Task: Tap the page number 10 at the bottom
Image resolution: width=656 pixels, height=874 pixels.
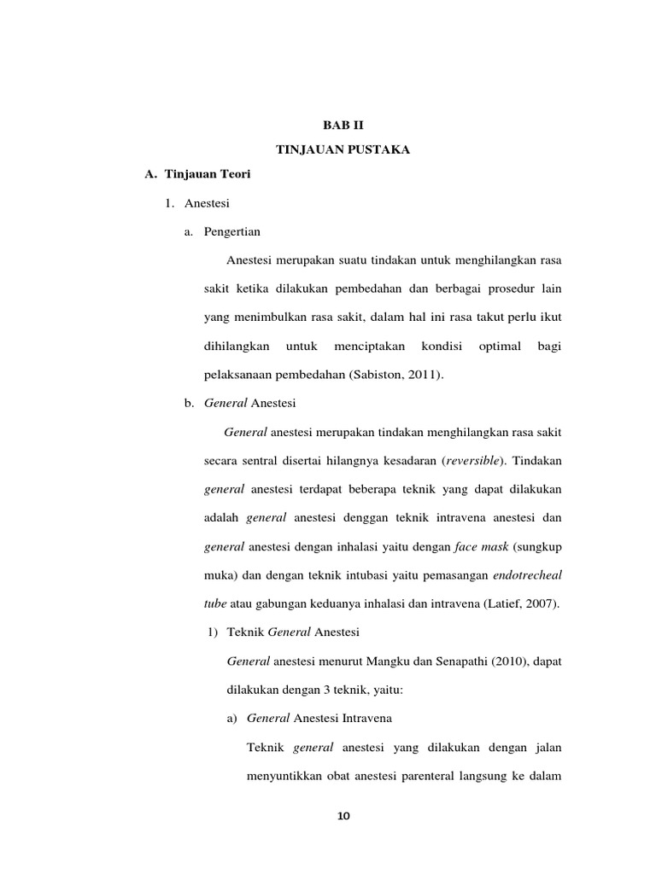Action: tap(343, 816)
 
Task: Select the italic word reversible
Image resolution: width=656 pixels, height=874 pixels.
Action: tap(474, 461)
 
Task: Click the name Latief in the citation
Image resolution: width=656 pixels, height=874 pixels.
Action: tap(502, 603)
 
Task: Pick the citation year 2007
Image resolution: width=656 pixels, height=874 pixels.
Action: tap(540, 603)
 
